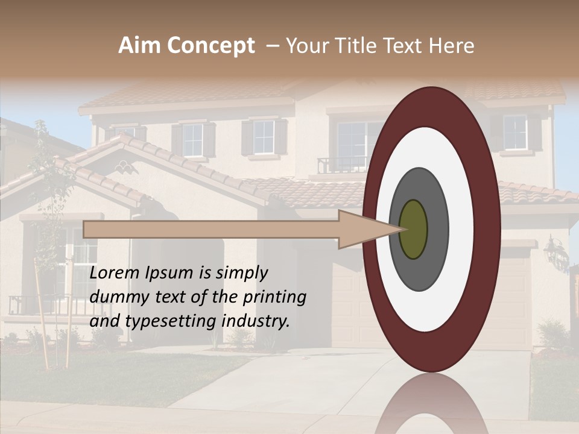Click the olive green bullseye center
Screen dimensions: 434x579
click(413, 229)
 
